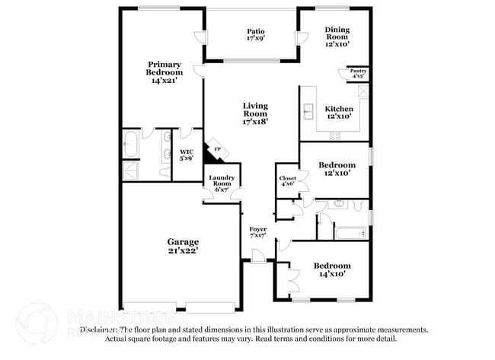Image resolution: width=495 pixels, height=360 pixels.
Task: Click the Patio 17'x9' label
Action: (x=255, y=33)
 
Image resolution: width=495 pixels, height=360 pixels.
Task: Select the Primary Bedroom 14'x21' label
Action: (x=165, y=72)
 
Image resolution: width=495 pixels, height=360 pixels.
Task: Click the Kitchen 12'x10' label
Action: (x=337, y=112)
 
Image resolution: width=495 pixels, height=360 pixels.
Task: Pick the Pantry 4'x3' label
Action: (x=357, y=74)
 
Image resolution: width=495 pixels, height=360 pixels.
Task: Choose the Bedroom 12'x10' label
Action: (x=336, y=168)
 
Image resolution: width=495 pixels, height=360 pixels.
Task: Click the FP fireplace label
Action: (x=217, y=149)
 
